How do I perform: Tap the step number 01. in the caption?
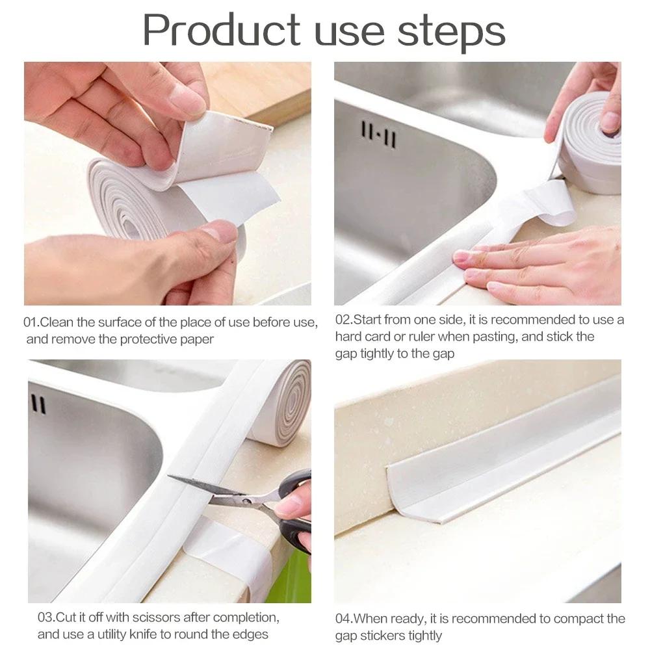click(x=32, y=322)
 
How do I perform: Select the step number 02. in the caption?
click(x=344, y=320)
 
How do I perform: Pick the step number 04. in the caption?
click(x=344, y=619)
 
